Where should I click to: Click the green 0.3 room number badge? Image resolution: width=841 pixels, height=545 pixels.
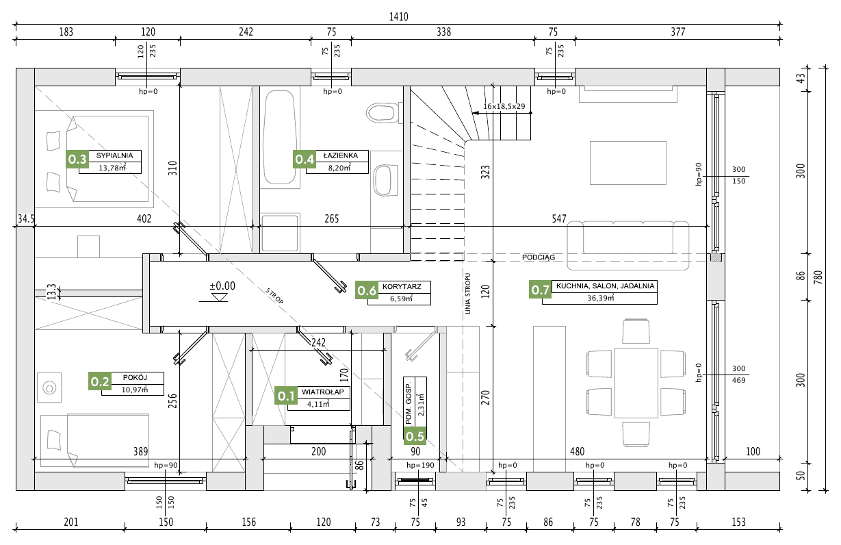tap(77, 160)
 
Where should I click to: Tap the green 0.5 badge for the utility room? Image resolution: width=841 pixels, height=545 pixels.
tap(415, 436)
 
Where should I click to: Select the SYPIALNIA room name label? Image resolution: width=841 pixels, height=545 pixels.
tap(114, 155)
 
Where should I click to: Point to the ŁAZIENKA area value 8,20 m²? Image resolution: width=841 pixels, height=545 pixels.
tap(339, 168)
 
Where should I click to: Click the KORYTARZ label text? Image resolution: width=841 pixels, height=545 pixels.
tap(402, 287)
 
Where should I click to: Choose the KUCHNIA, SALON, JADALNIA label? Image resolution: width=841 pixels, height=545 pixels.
tap(605, 286)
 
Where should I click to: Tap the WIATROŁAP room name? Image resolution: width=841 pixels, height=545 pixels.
tap(323, 392)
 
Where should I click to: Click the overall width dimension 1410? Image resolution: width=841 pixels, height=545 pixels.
tap(399, 16)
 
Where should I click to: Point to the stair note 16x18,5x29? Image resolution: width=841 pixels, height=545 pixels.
tap(504, 106)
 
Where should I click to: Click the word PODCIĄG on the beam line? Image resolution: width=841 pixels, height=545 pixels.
tap(539, 257)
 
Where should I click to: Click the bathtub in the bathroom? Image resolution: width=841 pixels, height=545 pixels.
tap(280, 137)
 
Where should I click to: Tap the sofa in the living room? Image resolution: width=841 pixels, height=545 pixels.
tap(627, 245)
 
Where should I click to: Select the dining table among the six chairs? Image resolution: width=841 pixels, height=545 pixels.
tap(636, 383)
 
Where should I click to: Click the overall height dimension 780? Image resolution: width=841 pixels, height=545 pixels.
tap(819, 277)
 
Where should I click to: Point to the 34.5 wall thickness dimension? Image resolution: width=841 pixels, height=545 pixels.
tap(26, 218)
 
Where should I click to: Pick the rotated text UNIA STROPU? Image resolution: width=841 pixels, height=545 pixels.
tap(467, 293)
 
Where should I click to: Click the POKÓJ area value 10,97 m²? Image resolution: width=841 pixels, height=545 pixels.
tap(134, 390)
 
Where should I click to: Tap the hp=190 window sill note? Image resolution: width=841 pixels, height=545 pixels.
tap(420, 466)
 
